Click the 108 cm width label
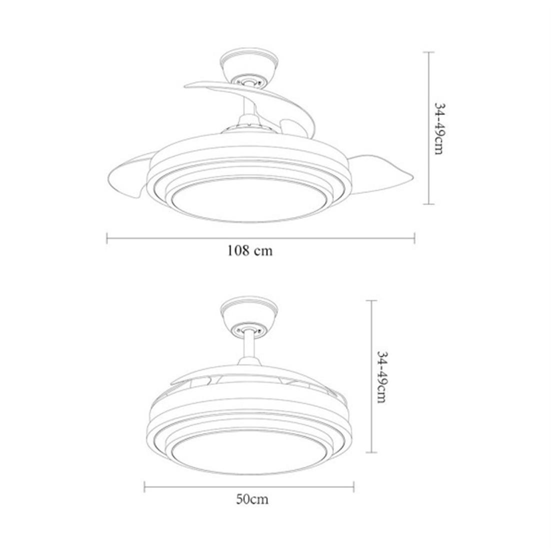[250, 251]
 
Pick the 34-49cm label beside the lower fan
[381, 377]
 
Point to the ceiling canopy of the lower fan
[249, 315]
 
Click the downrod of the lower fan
[249, 346]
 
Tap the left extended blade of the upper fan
[130, 175]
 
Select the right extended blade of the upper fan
[379, 172]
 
